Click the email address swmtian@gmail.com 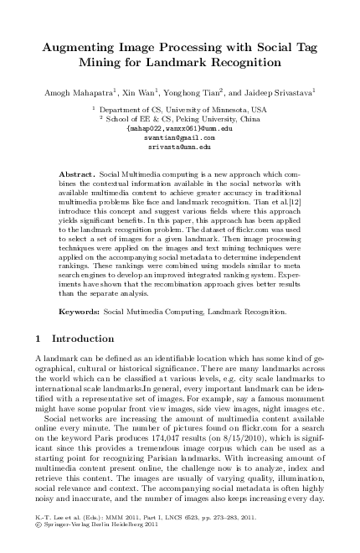(x=179, y=137)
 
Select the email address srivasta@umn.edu (x=179, y=145)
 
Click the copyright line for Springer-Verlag (x=92, y=535)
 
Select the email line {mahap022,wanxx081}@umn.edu (x=179, y=128)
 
